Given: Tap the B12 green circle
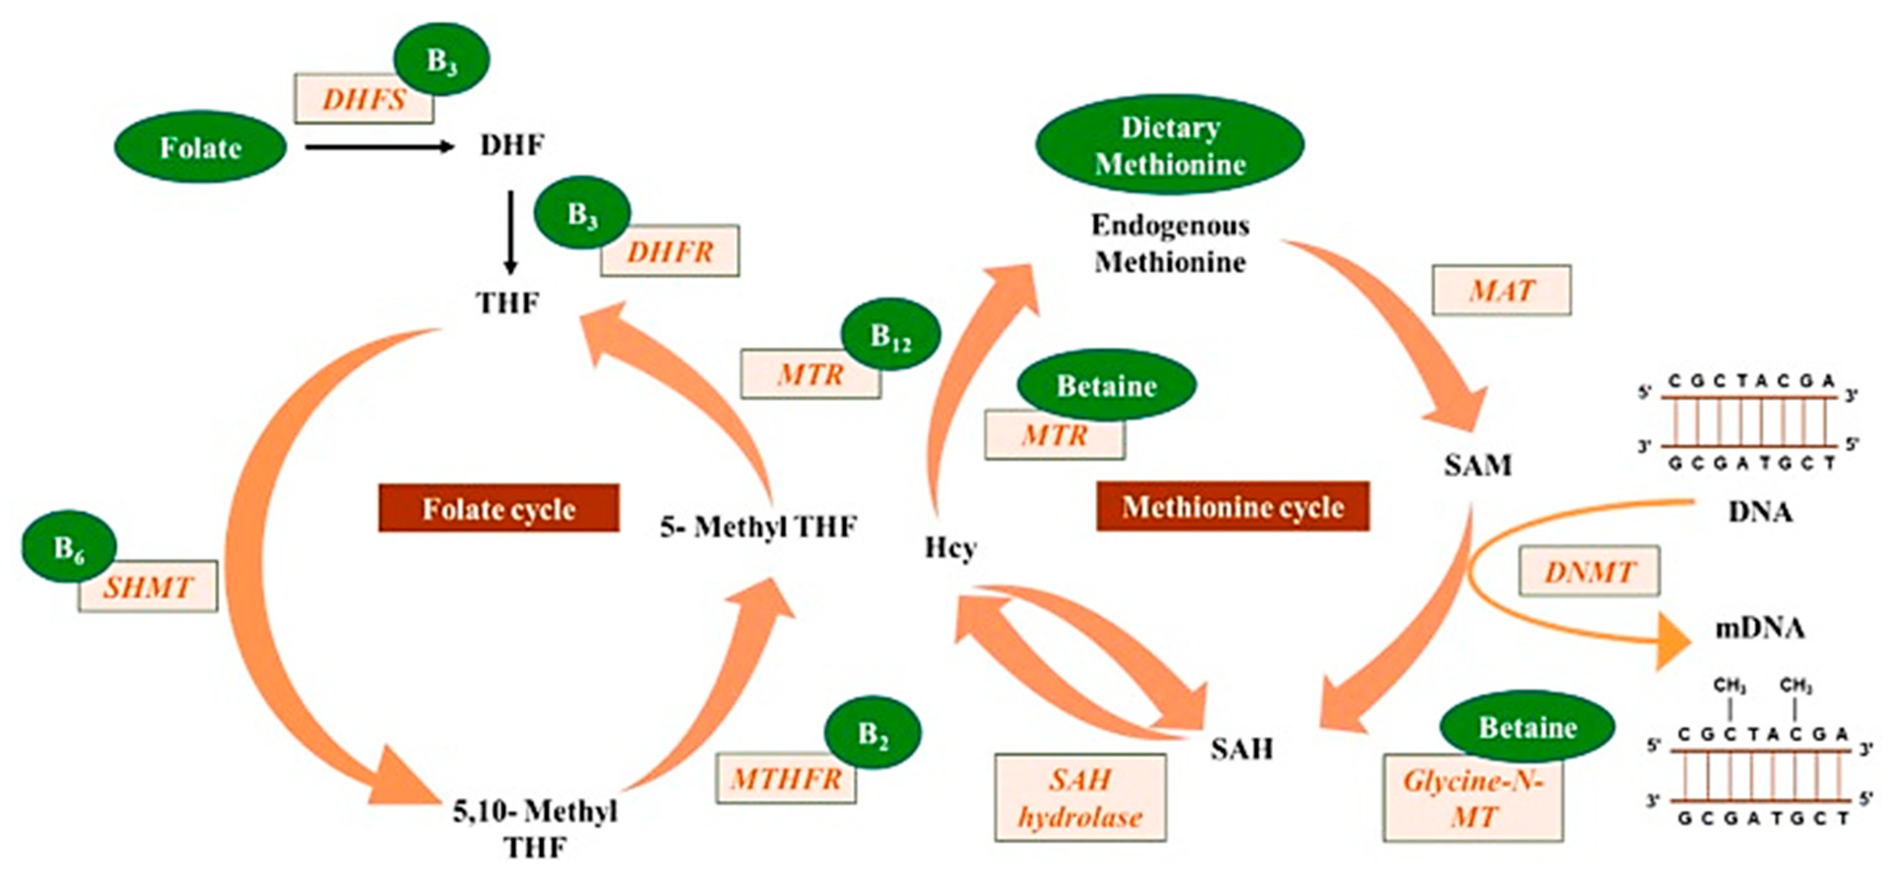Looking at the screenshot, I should click(890, 335).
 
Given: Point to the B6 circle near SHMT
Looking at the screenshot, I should click(69, 547).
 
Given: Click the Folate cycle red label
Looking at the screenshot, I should click(498, 508).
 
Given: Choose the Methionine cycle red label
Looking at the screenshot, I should click(1232, 507).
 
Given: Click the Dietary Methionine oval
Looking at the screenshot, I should click(1170, 145).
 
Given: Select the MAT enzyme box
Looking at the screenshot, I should click(1501, 291).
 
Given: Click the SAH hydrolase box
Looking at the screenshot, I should click(1080, 798).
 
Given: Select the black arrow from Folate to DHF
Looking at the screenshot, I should click(379, 147).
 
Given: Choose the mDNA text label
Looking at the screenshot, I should click(1759, 628).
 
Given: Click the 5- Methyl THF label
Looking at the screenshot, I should click(758, 527).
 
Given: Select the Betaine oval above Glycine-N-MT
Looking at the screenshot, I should click(1527, 727).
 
